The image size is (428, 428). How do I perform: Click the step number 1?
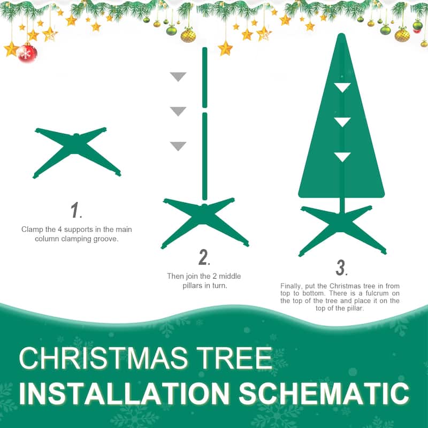coord(75,210)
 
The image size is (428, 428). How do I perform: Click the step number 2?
coord(203,257)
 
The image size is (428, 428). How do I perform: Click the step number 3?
coord(341,267)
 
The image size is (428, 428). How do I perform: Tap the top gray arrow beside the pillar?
coord(178,77)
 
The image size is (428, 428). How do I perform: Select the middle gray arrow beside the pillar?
coord(178,111)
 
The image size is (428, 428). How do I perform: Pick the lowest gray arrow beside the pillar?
coord(178,146)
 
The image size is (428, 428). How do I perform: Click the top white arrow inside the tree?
coord(342,87)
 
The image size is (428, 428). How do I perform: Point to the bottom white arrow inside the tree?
coord(342,157)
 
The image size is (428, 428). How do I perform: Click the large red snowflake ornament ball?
coord(27,52)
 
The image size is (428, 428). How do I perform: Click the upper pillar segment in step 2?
coord(204,77)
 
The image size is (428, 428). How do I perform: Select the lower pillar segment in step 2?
coord(204,155)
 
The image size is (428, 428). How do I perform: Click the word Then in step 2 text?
coord(175,277)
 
